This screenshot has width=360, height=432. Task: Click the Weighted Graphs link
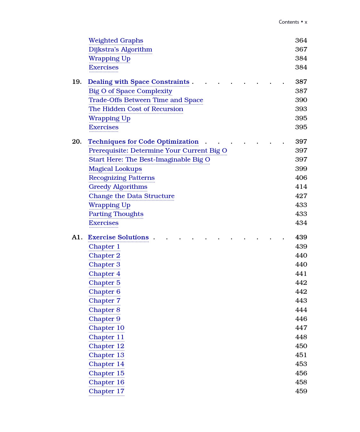pos(116,41)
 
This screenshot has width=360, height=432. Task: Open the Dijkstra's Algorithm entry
pos(120,50)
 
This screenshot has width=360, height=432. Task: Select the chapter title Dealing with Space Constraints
pos(139,82)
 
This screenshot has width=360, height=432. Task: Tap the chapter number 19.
pos(77,82)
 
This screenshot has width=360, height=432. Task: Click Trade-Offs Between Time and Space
pos(146,100)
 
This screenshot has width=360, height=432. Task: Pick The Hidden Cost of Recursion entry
pos(136,109)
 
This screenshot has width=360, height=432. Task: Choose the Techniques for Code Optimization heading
pos(143,142)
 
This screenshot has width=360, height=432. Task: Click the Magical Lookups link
pos(115,169)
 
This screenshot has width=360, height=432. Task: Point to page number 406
pos(301,178)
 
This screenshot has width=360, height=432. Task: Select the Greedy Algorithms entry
pos(118,187)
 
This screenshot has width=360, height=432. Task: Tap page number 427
pos(301,196)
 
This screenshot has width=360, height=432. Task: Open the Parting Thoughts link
pos(116,214)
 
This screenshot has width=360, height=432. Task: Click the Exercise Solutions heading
pos(118,237)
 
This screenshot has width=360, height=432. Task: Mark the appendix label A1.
pos(77,237)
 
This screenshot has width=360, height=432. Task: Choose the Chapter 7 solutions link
pos(104,301)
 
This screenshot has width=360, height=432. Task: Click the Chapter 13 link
pos(106,355)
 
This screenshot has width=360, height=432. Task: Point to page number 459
pos(301,391)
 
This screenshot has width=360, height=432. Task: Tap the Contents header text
pos(289,22)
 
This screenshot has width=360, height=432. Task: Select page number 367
pos(301,50)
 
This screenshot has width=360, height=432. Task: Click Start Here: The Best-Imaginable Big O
pos(149,160)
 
